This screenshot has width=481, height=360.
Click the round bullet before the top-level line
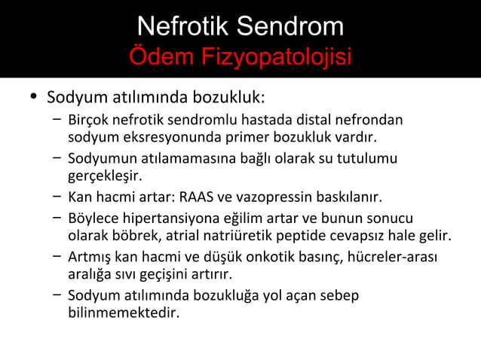(31, 98)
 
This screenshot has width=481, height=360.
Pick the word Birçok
(87, 120)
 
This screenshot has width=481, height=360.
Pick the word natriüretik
(259, 237)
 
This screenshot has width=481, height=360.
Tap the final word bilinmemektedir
(124, 311)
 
